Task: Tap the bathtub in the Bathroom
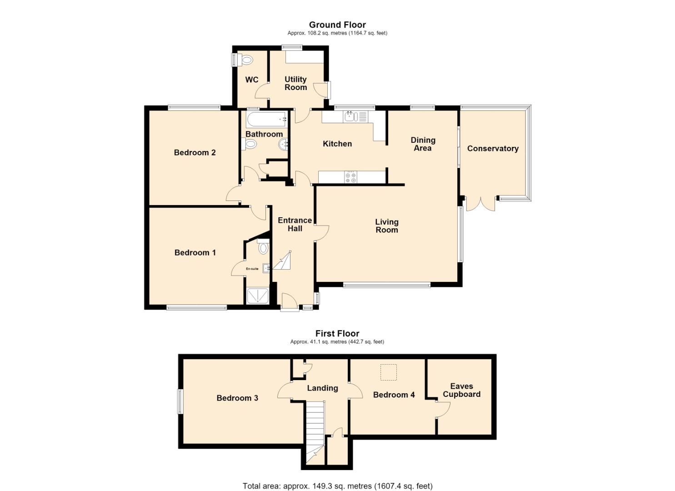pyautogui.click(x=266, y=120)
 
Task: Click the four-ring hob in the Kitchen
pyautogui.click(x=350, y=177)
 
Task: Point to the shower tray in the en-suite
pyautogui.click(x=257, y=296)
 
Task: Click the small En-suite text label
pyautogui.click(x=252, y=269)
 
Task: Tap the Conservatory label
pyautogui.click(x=493, y=149)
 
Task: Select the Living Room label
pyautogui.click(x=387, y=226)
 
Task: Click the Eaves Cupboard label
pyautogui.click(x=461, y=390)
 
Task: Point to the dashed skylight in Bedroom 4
pyautogui.click(x=389, y=372)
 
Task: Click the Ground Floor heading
pyautogui.click(x=337, y=25)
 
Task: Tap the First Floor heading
pyautogui.click(x=337, y=333)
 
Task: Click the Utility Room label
pyautogui.click(x=295, y=83)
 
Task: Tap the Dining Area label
pyautogui.click(x=423, y=144)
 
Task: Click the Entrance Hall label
pyautogui.click(x=295, y=224)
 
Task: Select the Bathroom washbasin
pyautogui.click(x=283, y=145)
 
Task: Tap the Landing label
pyautogui.click(x=322, y=388)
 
